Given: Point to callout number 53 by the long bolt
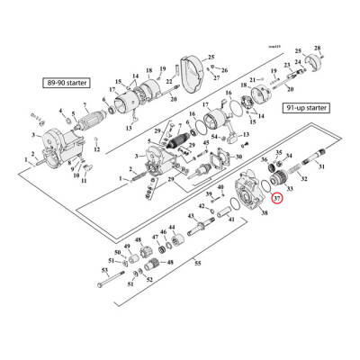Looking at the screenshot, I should coord(104,270).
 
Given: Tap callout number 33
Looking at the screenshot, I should coord(289,187).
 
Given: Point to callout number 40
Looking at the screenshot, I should coord(220,186).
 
